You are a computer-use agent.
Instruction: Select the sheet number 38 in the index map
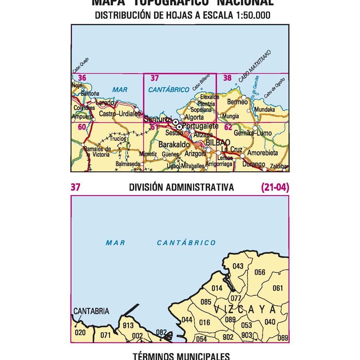click(x=228, y=78)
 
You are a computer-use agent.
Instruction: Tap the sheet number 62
click(x=228, y=128)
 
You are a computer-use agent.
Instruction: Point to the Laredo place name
click(x=105, y=103)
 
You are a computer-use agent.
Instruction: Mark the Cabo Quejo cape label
click(x=81, y=66)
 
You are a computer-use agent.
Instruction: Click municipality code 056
click(x=260, y=272)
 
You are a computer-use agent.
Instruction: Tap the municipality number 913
click(x=128, y=326)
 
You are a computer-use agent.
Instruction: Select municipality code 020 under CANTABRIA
click(x=80, y=332)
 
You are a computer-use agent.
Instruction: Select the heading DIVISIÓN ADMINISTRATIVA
click(x=181, y=187)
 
